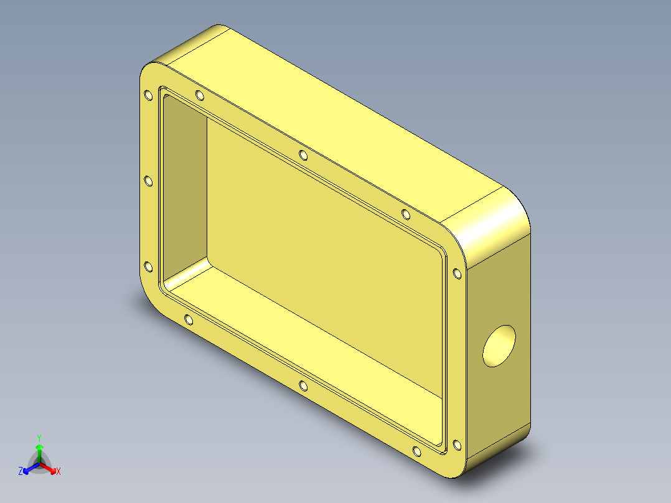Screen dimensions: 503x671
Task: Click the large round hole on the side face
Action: [499, 346]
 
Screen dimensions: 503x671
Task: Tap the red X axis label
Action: [59, 472]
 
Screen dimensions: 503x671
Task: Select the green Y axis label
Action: [39, 438]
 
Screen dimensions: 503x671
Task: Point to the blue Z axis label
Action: [21, 472]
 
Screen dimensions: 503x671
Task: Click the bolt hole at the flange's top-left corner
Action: [148, 96]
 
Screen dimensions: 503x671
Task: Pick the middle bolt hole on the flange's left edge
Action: [148, 181]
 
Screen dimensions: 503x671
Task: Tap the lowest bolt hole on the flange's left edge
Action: [148, 266]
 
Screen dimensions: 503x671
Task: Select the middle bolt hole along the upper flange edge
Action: [303, 155]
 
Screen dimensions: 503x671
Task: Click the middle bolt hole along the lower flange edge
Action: [303, 387]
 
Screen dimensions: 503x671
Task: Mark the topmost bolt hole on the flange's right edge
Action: [456, 273]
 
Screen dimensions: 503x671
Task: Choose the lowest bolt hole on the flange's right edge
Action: [456, 444]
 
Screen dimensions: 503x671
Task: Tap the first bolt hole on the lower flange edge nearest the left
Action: [189, 320]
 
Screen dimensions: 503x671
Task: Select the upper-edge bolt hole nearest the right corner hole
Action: [406, 215]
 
